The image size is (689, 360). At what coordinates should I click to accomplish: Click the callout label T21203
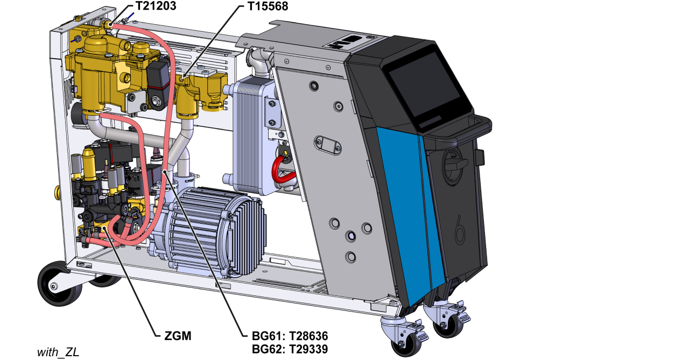click(x=156, y=6)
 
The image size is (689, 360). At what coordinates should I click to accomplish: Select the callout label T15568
click(x=268, y=6)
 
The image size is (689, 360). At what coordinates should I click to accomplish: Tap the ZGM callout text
click(x=178, y=336)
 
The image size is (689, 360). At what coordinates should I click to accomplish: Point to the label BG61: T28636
click(x=290, y=336)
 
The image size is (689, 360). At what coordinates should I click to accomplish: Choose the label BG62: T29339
click(x=290, y=349)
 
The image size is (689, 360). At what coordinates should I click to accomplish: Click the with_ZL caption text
click(x=58, y=352)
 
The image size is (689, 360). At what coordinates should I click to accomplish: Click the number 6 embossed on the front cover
click(x=460, y=230)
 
